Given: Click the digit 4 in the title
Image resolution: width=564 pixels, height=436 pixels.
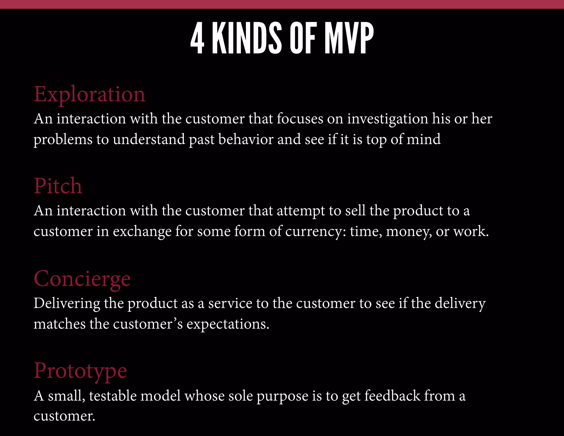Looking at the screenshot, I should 197,38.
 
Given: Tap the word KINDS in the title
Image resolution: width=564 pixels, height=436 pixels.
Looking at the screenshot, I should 247,38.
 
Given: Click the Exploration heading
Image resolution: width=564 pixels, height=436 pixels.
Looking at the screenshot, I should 90,95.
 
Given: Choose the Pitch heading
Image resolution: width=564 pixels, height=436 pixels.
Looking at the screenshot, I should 58,186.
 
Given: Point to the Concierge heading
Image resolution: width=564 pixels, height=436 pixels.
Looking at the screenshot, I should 82,279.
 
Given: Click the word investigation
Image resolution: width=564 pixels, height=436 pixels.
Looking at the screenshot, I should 387,119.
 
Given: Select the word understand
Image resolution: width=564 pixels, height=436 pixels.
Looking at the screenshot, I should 149,139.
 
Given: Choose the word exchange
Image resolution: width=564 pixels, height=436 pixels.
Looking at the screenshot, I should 142,231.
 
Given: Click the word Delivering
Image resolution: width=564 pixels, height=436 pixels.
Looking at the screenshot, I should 67,303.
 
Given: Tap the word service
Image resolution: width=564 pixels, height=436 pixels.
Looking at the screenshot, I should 230,303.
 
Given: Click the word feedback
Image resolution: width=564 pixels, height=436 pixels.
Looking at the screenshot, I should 392,396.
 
